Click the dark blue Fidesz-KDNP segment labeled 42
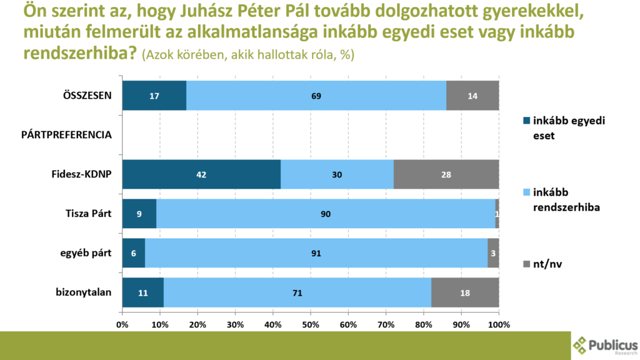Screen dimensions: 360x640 201,175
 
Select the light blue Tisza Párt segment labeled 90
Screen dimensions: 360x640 326,214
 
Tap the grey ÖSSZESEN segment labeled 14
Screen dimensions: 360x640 472,96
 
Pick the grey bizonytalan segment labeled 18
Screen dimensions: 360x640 465,292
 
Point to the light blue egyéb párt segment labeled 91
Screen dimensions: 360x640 316,254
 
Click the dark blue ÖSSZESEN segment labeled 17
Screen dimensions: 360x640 154,96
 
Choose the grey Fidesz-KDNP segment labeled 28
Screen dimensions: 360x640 446,175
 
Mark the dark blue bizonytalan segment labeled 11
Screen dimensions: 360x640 142,292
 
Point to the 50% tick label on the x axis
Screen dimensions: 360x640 310,325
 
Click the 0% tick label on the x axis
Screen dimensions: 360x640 122,325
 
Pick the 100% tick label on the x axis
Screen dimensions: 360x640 499,325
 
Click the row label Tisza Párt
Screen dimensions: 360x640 89,214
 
